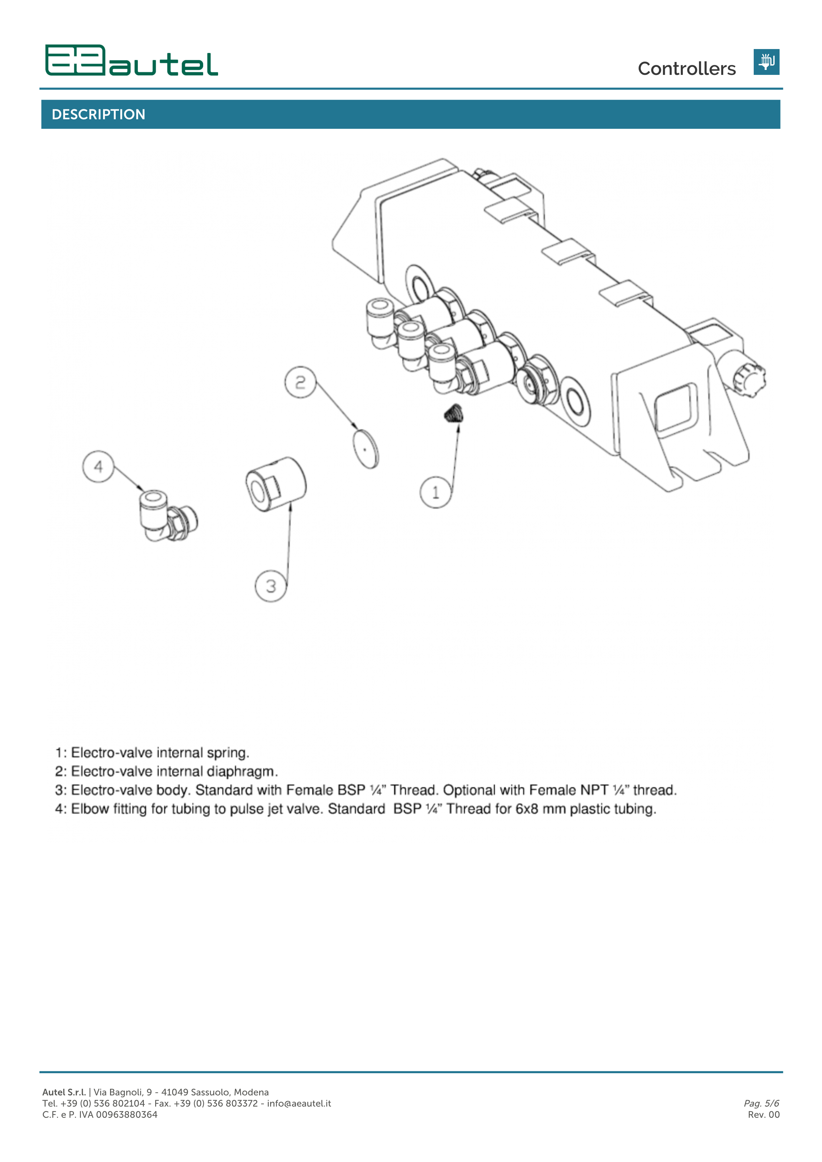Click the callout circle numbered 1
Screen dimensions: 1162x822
[435, 492]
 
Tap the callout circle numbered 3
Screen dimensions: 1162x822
[271, 586]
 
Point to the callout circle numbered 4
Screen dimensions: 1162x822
[98, 467]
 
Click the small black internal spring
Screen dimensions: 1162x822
[454, 414]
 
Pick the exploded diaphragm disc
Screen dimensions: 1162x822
[366, 449]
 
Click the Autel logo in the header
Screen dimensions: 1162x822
[132, 61]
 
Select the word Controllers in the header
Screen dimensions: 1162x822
[686, 69]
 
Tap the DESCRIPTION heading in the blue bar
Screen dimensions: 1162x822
[99, 114]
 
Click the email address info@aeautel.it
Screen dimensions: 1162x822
[299, 1103]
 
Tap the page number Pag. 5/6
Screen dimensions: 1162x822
[761, 1103]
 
